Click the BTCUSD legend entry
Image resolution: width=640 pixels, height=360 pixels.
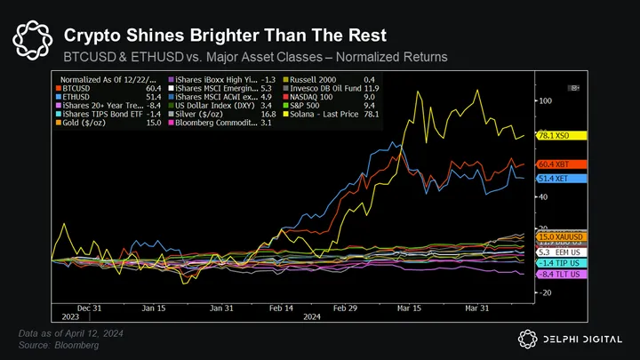79,89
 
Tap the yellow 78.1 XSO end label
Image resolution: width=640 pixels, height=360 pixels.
560,136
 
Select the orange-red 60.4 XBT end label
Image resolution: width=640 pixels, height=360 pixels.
560,164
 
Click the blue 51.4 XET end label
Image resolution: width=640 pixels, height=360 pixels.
560,179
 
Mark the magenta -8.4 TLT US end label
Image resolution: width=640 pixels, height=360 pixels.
560,276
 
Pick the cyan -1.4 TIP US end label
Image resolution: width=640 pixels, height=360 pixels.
560,264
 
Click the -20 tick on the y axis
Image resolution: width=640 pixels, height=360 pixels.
545,292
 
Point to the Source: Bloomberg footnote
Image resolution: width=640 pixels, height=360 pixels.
60,344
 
